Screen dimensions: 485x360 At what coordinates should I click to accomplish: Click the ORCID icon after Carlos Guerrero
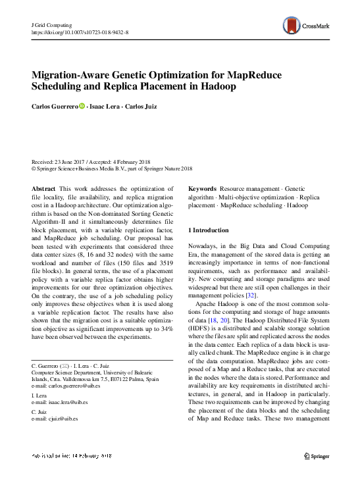[x=82, y=106]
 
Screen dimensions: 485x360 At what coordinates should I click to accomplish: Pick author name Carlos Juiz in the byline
[x=150, y=106]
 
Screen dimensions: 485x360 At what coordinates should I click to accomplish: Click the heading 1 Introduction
[x=209, y=230]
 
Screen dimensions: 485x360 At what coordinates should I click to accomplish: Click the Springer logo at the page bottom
[x=317, y=455]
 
